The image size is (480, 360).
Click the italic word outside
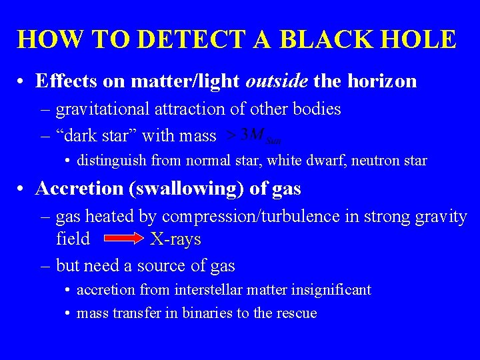tap(276, 81)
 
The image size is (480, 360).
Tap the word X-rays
tap(175, 239)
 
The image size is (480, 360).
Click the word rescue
tap(298, 313)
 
